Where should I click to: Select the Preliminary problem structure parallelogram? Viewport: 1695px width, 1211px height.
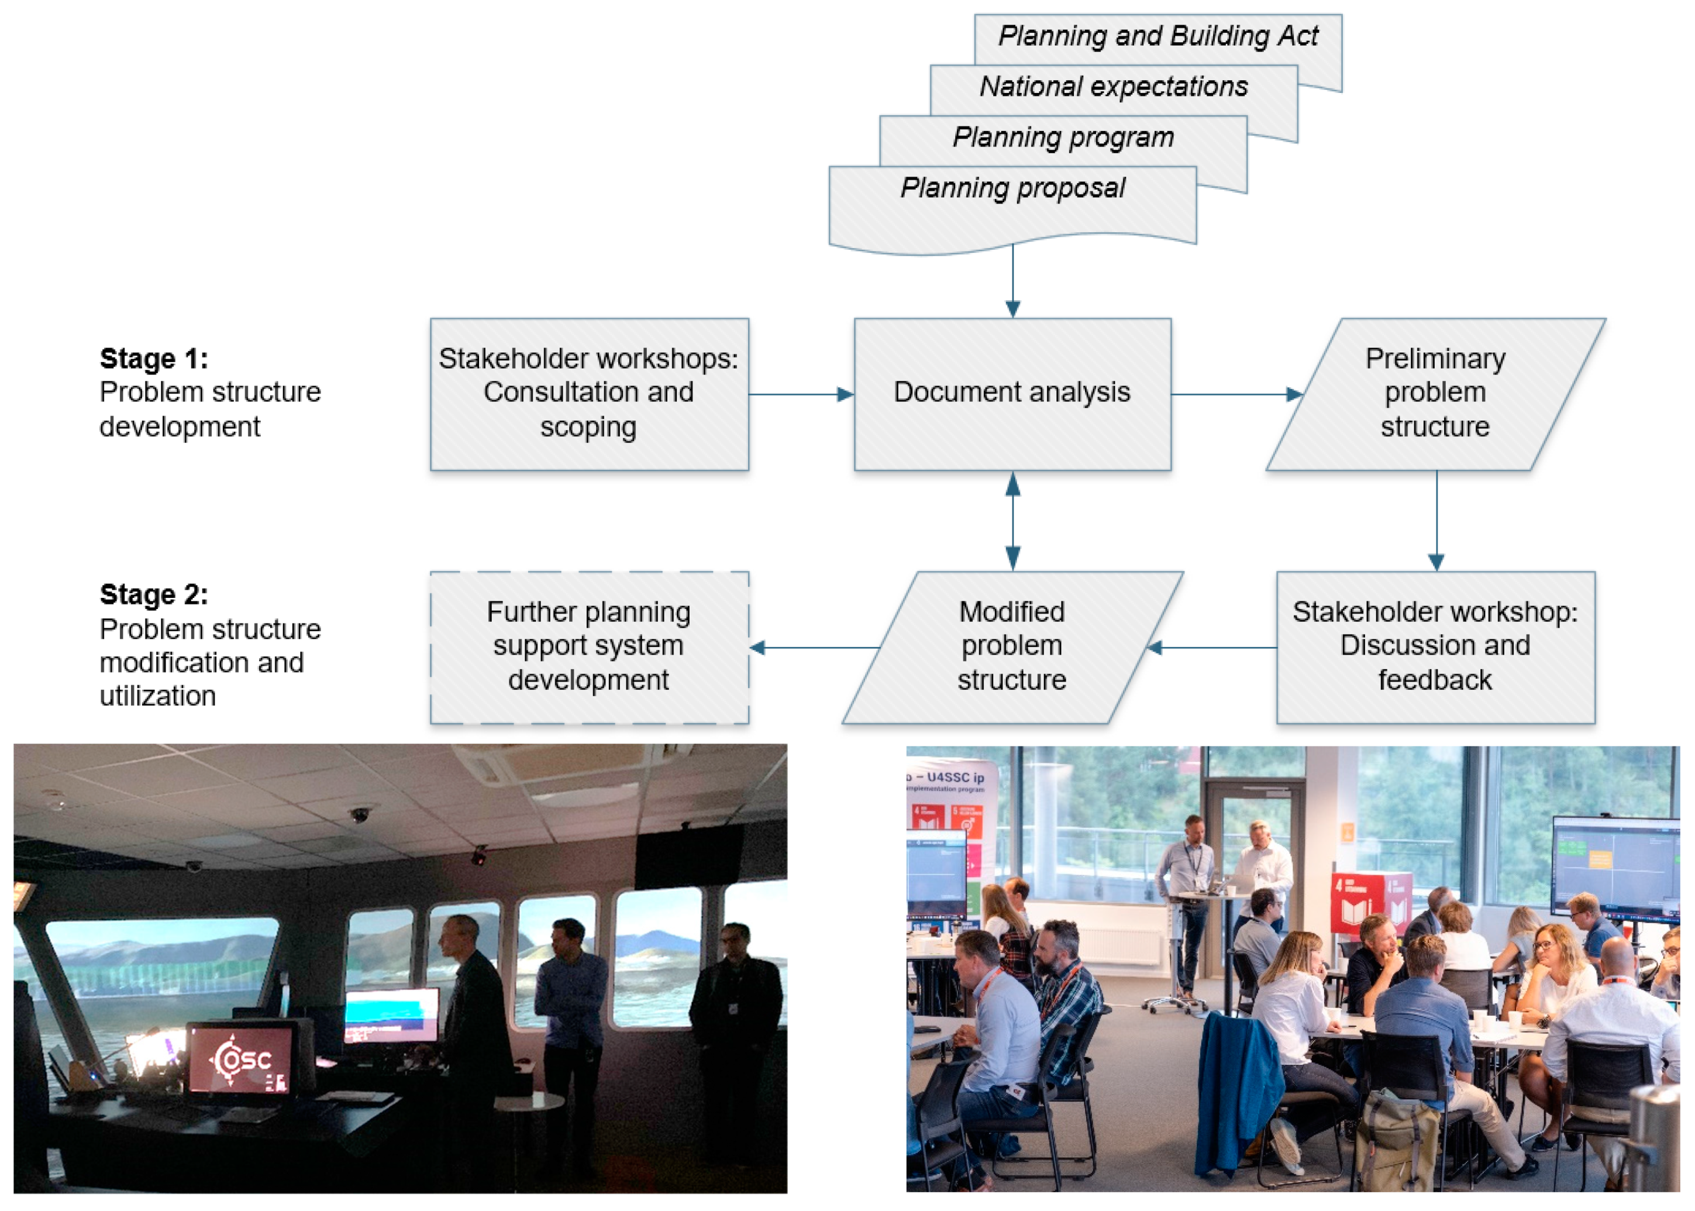pos(1434,393)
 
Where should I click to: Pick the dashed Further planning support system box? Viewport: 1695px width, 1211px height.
pos(589,646)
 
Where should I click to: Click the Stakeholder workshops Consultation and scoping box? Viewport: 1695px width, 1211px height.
pos(589,393)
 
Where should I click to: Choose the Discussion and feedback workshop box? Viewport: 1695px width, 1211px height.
pos(1435,646)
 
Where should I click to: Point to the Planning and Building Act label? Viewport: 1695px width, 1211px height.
pos(1157,36)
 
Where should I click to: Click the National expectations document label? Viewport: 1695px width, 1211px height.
pos(1113,87)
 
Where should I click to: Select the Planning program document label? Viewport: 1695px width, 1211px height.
pos(1063,137)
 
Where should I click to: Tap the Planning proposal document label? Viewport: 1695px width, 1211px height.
pos(1012,188)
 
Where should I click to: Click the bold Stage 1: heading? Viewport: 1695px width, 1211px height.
pos(154,359)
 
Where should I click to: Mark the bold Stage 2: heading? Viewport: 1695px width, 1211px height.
pos(154,594)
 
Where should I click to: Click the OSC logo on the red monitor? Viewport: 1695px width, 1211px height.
pos(240,1059)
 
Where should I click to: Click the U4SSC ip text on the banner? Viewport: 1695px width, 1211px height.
pos(956,777)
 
